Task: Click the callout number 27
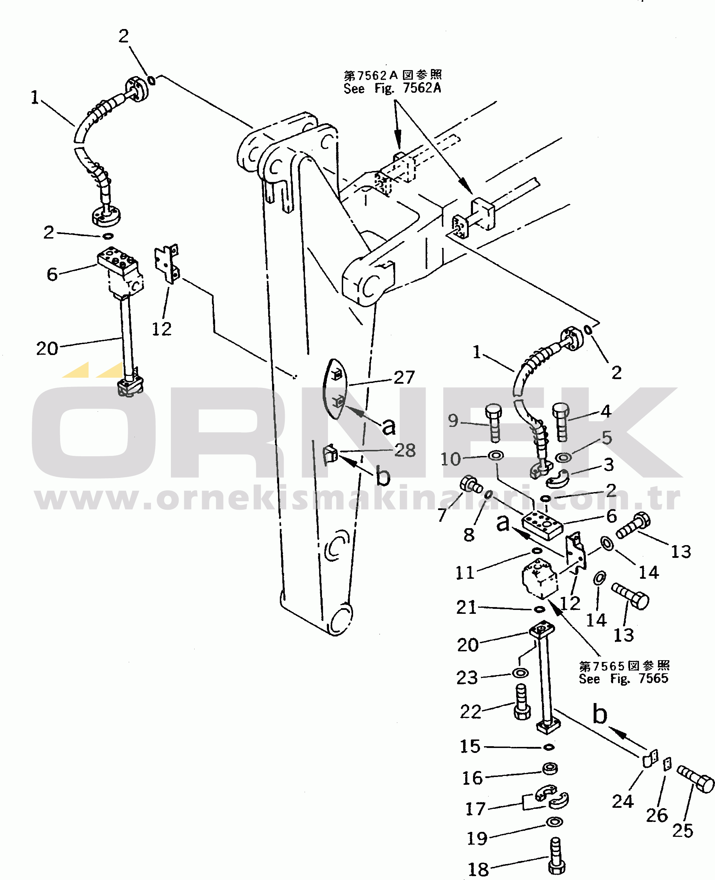tap(404, 377)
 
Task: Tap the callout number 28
tap(405, 450)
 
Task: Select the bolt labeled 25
tap(695, 779)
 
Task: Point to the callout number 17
tap(475, 809)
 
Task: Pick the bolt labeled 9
tap(494, 423)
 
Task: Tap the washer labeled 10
tap(495, 456)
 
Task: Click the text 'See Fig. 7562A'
tap(392, 88)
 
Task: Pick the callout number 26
tap(657, 815)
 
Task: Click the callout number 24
tap(622, 801)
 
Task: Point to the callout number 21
tap(466, 607)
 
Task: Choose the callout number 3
tap(609, 465)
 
